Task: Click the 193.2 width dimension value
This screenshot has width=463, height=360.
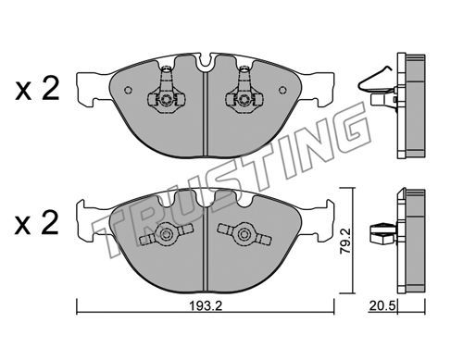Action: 206,306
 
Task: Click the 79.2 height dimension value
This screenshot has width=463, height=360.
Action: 345,242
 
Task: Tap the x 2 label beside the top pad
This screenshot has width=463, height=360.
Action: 37,89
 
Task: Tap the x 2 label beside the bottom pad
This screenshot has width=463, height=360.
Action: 37,223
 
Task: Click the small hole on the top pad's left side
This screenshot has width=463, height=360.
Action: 128,90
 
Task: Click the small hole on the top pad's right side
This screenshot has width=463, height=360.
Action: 282,90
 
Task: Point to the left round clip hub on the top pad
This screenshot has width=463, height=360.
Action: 166,99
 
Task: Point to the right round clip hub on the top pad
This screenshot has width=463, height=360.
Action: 244,99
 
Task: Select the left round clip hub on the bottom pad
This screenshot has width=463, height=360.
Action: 166,233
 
